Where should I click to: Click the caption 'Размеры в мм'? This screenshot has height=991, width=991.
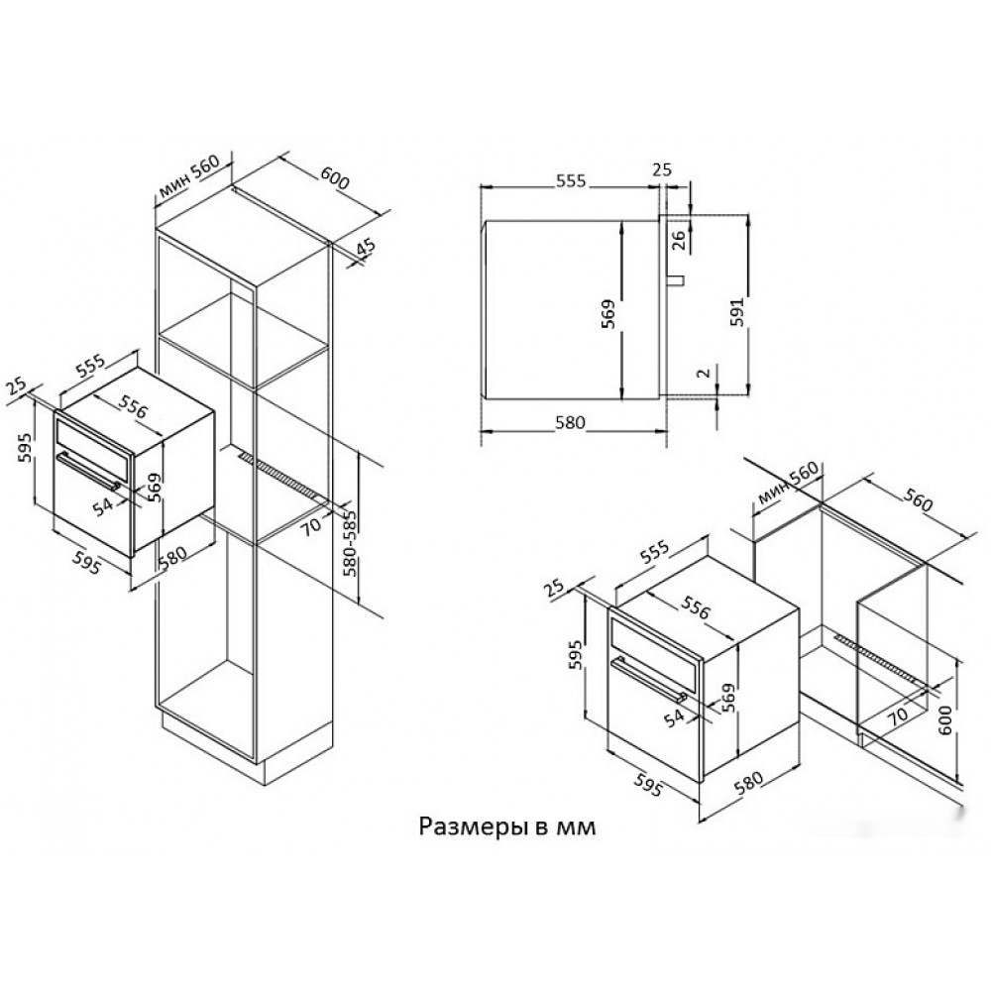coord(506,826)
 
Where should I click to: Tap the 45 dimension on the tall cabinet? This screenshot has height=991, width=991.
coord(366,247)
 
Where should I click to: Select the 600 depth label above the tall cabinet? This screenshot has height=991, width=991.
coord(334,177)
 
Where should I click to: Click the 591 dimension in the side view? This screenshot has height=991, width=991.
coord(737,311)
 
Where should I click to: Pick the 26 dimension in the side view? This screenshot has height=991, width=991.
coord(678,240)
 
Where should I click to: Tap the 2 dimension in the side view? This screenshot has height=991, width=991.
coord(704,373)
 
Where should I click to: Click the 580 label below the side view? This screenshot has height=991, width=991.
coord(570,422)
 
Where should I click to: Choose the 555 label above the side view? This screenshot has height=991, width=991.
coord(572,180)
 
